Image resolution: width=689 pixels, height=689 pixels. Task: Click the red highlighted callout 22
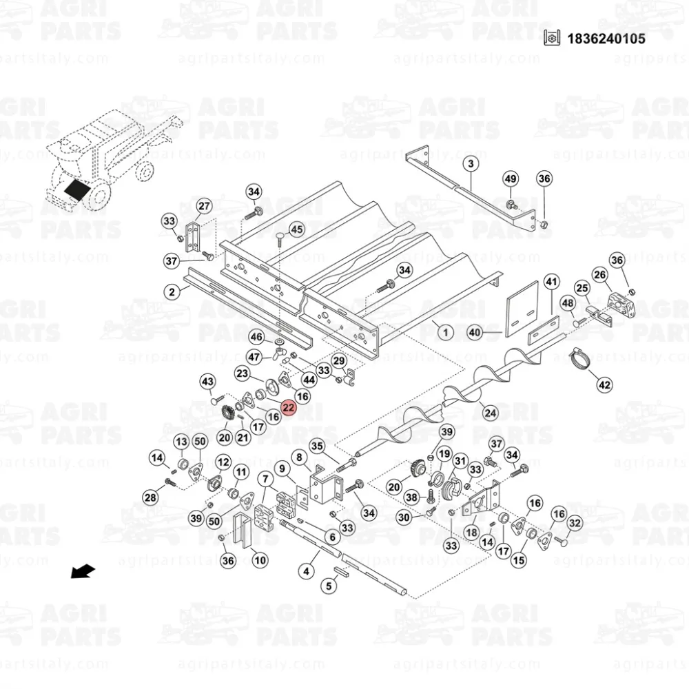point(289,409)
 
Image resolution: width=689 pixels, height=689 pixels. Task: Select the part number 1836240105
point(606,39)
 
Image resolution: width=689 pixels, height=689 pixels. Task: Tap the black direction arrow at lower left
point(84,571)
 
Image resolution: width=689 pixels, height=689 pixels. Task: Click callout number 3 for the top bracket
point(470,164)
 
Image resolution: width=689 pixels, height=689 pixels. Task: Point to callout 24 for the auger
point(490,413)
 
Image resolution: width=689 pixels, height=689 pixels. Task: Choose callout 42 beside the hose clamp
point(604,384)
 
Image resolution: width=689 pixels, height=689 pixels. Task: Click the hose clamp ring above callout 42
point(580,360)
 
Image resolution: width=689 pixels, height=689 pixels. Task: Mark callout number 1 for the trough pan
point(445,333)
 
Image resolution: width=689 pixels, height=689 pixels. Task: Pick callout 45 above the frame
point(296,229)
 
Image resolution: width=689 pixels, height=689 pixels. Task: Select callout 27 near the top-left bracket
point(204,207)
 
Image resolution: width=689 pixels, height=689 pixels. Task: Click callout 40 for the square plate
point(474,333)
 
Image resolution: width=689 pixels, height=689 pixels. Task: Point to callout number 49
point(510,179)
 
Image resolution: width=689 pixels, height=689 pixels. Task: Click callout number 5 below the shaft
point(329,586)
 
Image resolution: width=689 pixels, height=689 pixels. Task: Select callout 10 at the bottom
point(260,560)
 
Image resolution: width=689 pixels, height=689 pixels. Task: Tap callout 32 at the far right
point(575,524)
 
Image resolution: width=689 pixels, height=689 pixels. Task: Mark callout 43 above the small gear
point(208,382)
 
